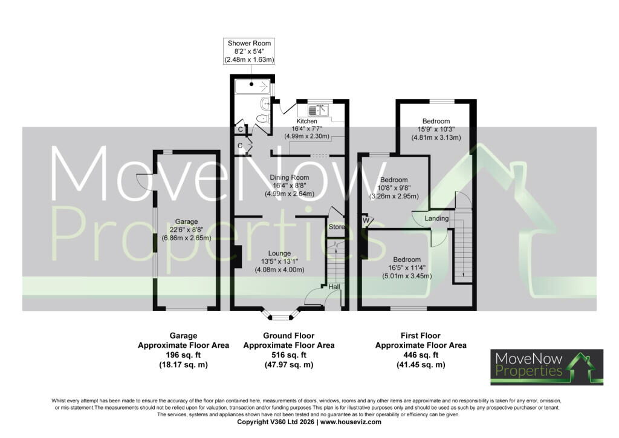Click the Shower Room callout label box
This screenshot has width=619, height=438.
coord(249,51)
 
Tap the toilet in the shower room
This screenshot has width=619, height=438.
coord(262,119)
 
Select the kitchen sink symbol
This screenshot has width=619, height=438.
coord(318,110)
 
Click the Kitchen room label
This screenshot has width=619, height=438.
coord(306,121)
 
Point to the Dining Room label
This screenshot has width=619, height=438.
coord(290,178)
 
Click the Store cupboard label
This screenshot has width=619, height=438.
coord(337,227)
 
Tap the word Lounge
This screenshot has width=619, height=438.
coord(279,253)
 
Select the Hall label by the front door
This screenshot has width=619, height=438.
coord(334,287)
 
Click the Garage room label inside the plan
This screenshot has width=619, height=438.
coord(186,222)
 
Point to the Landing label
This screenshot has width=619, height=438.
coord(436,218)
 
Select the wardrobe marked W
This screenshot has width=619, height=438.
coord(366,220)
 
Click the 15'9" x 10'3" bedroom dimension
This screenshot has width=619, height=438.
coord(436,129)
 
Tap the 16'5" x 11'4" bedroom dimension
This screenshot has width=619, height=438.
coord(407,268)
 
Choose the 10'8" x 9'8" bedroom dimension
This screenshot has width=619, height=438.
coord(394,188)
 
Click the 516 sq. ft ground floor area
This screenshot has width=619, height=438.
coord(289,355)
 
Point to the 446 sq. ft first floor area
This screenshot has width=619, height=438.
coord(421,355)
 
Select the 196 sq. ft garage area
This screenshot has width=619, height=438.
coord(184,355)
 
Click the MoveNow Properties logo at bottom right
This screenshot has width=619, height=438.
coord(546,367)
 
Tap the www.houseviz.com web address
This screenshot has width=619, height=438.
coord(351,422)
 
